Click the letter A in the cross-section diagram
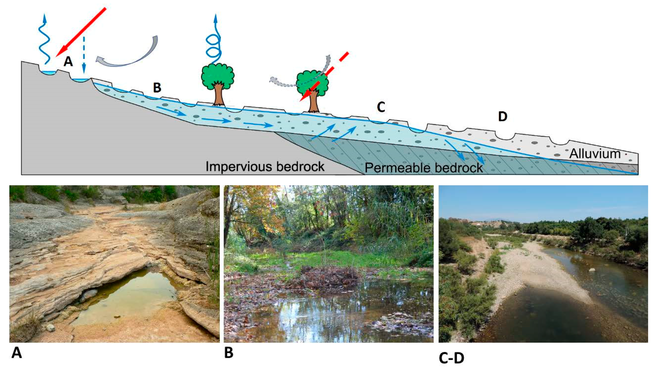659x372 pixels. point(68,61)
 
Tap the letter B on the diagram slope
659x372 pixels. point(157,88)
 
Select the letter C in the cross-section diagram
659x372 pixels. point(381,108)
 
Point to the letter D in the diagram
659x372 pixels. point(503,117)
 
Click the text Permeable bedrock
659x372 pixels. point(424,168)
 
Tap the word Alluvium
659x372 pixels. point(595,154)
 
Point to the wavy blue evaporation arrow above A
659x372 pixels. point(44,38)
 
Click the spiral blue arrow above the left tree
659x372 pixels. point(214,43)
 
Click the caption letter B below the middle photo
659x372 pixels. point(229,353)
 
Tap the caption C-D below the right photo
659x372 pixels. point(451,358)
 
